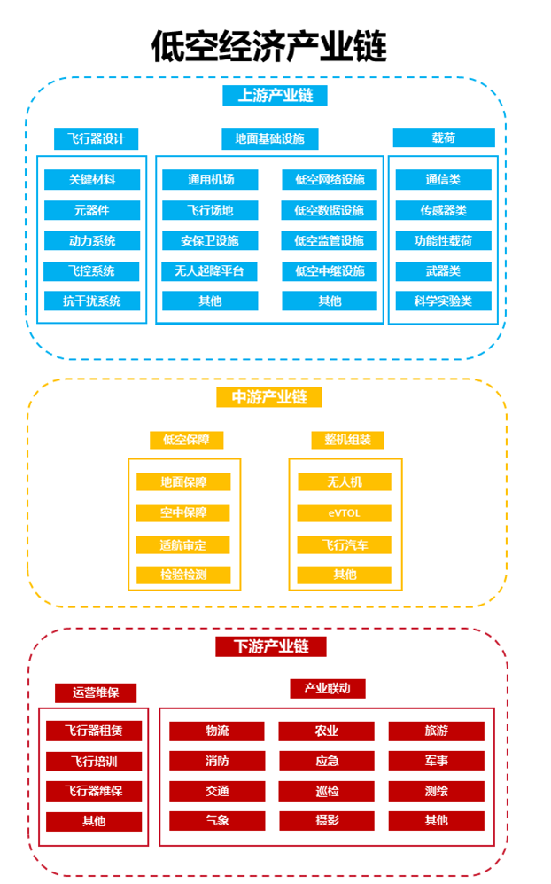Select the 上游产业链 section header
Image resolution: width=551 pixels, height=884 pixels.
[275, 95]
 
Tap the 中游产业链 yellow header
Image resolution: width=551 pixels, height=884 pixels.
[269, 397]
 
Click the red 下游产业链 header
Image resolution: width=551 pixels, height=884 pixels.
[270, 646]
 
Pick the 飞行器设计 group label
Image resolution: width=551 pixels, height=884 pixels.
[96, 138]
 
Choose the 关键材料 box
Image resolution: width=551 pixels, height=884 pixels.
[92, 179]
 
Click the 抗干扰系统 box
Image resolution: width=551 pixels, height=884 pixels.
[92, 301]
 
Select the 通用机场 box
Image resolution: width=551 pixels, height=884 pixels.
[210, 179]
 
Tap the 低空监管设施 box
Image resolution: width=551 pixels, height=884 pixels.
[329, 240]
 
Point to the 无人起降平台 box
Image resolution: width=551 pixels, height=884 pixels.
[210, 270]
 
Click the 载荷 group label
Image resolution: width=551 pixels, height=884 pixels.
[443, 137]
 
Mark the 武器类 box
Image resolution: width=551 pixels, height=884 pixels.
[443, 270]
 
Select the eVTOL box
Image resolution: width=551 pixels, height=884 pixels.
[344, 512]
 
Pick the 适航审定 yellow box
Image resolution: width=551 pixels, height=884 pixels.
[183, 544]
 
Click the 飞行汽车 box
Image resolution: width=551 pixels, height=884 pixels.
[344, 544]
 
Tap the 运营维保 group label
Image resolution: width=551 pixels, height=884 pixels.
[96, 692]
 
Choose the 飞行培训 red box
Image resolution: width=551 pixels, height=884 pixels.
[93, 761]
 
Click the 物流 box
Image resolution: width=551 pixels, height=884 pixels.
[216, 731]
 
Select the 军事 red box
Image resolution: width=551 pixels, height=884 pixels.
[436, 761]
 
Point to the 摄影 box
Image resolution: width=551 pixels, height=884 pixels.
[326, 820]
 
